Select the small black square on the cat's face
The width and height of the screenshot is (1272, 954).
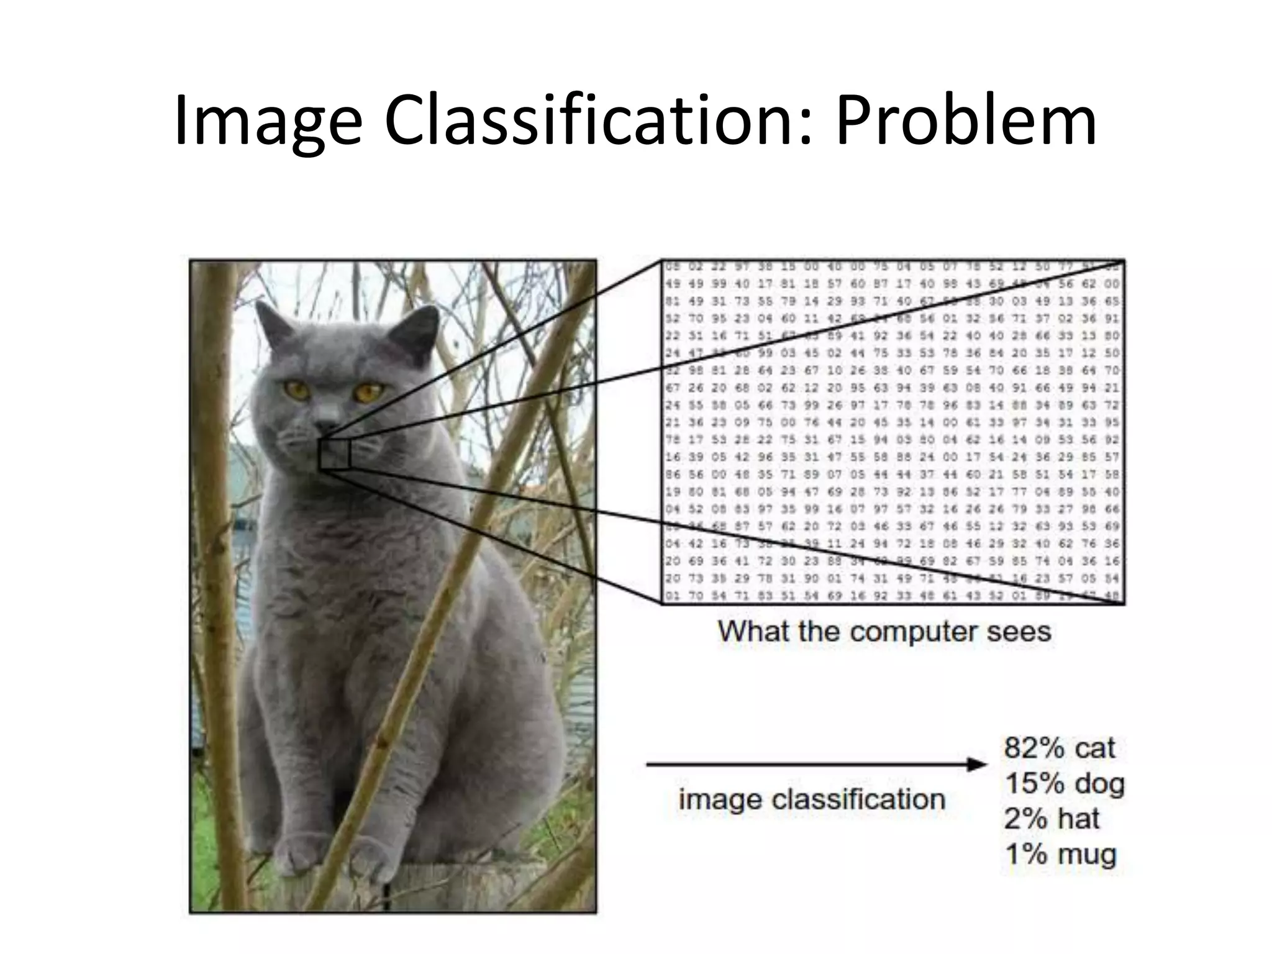tap(335, 454)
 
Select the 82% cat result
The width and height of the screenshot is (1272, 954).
tap(1059, 748)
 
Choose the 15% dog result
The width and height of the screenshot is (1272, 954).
tap(1064, 783)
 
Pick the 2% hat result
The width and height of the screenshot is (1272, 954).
tap(1051, 819)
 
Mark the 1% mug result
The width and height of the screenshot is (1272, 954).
tap(1060, 854)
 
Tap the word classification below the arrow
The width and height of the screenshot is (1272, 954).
tap(858, 799)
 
